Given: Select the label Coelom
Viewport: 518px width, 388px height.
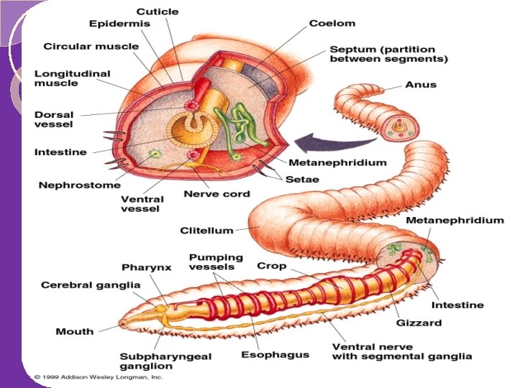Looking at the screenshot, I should [x=332, y=24].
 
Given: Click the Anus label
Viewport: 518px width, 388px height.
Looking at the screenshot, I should [x=420, y=85].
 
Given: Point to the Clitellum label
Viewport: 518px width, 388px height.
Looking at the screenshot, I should [x=206, y=231].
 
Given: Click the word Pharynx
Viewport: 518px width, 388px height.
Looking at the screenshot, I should [x=146, y=267].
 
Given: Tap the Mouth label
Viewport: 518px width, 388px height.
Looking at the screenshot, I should [x=75, y=331].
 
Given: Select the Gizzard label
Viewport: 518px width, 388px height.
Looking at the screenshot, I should [x=418, y=323].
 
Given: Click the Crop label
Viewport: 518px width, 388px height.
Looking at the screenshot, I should [x=271, y=266].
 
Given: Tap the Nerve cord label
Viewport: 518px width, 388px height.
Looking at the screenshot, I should [x=217, y=194].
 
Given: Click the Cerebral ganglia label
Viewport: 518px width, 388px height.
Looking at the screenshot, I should [x=91, y=285].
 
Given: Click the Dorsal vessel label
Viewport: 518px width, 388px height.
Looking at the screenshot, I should [x=54, y=119].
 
